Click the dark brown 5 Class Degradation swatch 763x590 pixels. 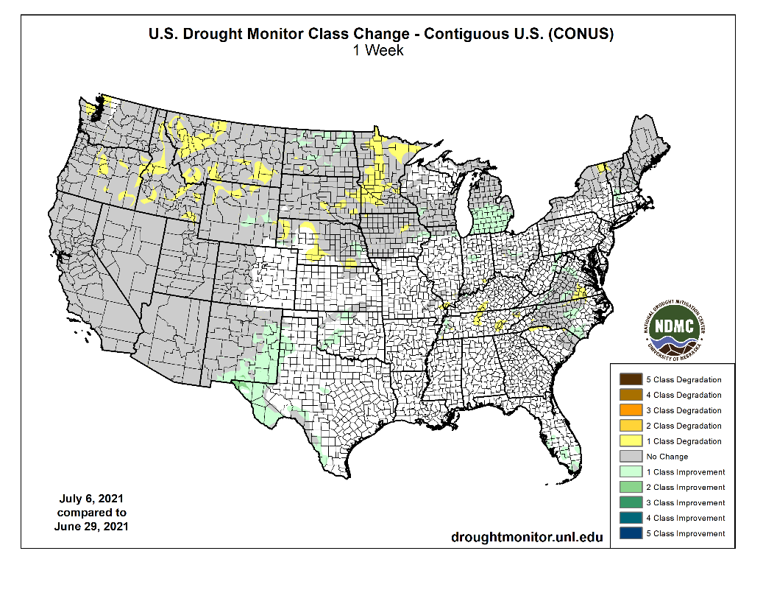click(631, 379)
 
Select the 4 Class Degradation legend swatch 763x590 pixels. click(631, 395)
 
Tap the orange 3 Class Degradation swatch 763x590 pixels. click(631, 410)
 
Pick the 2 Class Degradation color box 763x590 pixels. click(631, 426)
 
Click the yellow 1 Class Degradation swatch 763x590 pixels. click(631, 441)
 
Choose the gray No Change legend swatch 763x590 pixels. click(631, 457)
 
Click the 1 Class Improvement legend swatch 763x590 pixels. click(631, 472)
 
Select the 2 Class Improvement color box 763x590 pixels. click(631, 487)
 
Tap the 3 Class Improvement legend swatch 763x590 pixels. click(631, 502)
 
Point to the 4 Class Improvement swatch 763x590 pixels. click(631, 518)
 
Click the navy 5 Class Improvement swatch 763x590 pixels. click(631, 533)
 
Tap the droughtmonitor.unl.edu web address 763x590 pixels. click(527, 537)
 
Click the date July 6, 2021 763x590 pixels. click(91, 499)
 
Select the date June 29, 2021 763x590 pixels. click(91, 526)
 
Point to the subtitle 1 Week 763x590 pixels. click(380, 51)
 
